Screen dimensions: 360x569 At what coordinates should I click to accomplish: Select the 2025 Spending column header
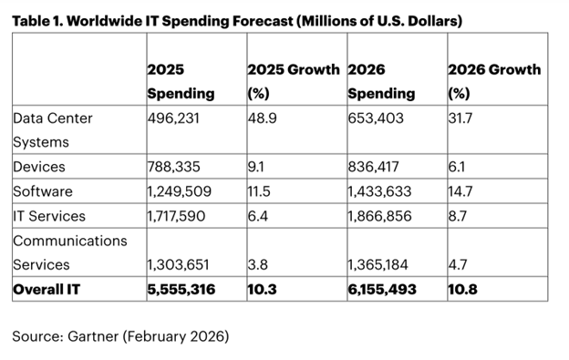point(180,81)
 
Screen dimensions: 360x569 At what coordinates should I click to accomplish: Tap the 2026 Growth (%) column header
point(493,81)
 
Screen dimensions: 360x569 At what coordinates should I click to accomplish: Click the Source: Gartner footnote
point(120,336)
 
